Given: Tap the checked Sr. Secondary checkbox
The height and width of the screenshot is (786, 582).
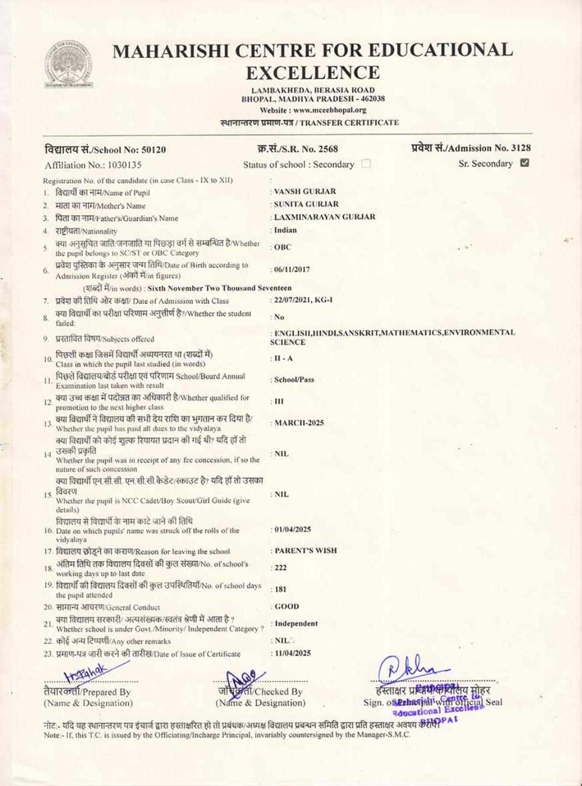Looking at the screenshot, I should click(x=524, y=163).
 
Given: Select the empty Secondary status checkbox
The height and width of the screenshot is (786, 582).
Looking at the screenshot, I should click(x=365, y=164).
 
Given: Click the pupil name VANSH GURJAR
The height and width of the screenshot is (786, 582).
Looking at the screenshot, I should click(x=305, y=191).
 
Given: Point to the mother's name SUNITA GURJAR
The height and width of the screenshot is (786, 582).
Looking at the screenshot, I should click(x=306, y=204).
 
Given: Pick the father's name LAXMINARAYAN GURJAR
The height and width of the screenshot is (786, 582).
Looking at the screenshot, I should click(x=325, y=217).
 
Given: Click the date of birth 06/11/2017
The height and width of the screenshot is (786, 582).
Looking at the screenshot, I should click(x=292, y=270).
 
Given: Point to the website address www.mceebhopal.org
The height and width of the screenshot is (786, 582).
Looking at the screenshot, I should click(x=329, y=110).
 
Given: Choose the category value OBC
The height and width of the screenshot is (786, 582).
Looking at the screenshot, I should click(x=283, y=247).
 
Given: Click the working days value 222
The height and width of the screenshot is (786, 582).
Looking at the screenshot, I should click(x=281, y=568).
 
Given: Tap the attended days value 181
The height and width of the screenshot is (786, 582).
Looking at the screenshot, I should click(x=281, y=589).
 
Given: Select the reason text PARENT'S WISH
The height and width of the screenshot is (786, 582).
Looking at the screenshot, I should click(x=306, y=550).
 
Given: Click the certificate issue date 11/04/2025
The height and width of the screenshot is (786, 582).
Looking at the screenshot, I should click(x=292, y=653).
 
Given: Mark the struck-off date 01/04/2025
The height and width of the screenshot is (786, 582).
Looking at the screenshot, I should click(x=292, y=529).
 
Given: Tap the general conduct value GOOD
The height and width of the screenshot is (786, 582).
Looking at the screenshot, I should click(x=287, y=606).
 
